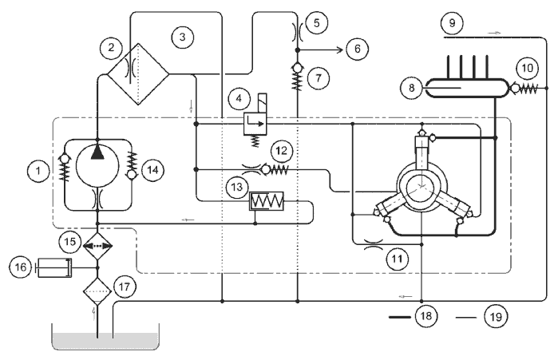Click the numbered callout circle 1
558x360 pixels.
[38, 171]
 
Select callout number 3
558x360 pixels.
[183, 37]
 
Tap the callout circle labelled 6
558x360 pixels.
[358, 49]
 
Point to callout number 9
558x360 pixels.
[452, 23]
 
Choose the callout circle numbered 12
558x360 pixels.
[282, 151]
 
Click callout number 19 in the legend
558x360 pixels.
[496, 316]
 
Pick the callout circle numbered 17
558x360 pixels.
[125, 287]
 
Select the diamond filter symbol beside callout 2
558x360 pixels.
[138, 74]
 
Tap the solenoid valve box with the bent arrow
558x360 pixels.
[255, 124]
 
